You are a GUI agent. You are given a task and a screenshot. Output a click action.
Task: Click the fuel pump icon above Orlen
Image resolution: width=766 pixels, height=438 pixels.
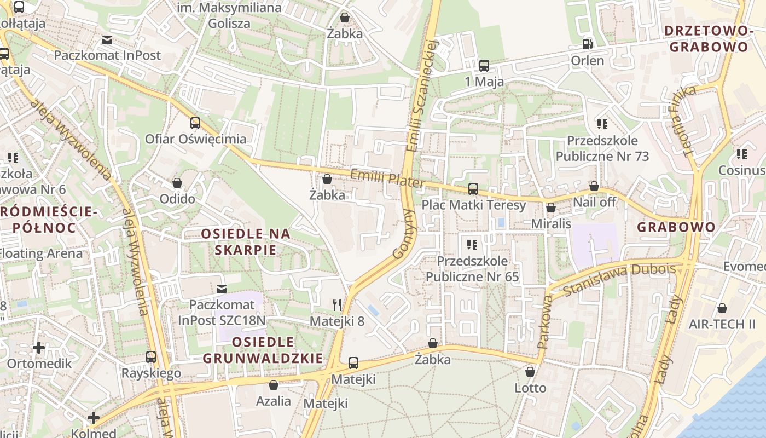(588, 44)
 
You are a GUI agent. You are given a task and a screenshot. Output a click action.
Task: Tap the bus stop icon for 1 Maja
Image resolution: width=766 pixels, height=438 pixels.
(484, 66)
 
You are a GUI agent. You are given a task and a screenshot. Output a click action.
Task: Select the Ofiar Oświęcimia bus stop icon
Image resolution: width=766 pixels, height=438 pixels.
(195, 123)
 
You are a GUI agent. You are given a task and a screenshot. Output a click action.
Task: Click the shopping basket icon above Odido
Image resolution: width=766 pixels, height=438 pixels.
(177, 183)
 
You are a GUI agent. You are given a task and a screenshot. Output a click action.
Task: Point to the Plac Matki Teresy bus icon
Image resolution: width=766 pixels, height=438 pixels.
(473, 189)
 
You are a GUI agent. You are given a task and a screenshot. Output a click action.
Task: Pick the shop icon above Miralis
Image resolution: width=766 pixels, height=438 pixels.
(551, 208)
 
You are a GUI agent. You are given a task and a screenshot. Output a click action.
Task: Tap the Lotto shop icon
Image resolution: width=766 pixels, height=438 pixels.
(530, 372)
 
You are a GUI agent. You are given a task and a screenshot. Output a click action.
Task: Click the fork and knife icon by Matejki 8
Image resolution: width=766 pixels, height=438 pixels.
(337, 304)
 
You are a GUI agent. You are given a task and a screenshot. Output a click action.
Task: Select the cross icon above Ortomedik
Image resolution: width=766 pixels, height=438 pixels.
(39, 347)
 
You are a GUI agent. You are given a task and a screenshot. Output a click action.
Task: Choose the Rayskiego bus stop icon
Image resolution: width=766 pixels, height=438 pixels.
(151, 357)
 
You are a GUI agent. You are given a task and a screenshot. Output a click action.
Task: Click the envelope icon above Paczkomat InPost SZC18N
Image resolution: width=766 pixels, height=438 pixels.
(222, 289)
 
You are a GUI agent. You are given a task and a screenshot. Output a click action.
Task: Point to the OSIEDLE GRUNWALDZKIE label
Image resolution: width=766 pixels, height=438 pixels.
(263, 350)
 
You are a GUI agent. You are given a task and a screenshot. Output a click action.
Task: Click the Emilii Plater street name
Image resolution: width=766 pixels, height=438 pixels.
(387, 178)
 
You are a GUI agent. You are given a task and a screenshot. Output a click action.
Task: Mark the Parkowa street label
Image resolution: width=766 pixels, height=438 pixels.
(545, 322)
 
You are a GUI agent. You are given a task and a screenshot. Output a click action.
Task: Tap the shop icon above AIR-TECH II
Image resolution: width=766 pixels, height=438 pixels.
(722, 308)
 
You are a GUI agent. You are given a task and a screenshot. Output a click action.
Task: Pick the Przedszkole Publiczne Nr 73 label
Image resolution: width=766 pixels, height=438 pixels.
(602, 148)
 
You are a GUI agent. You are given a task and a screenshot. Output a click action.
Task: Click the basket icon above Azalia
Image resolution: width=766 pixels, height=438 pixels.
(274, 385)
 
